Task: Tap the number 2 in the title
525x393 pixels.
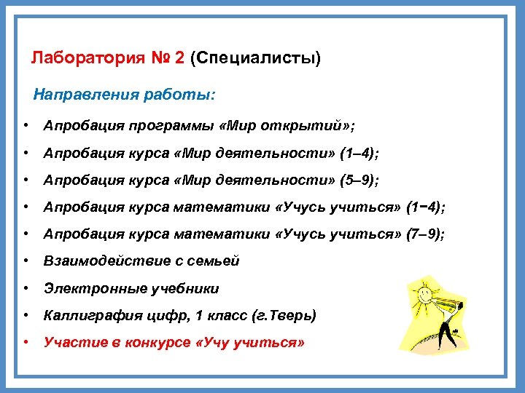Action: pyautogui.click(x=179, y=58)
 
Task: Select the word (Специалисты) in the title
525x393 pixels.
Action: pyautogui.click(x=254, y=58)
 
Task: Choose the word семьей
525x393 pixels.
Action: pyautogui.click(x=215, y=261)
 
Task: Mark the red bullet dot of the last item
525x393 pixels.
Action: pyautogui.click(x=26, y=342)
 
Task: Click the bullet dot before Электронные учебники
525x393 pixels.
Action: pyautogui.click(x=26, y=288)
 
